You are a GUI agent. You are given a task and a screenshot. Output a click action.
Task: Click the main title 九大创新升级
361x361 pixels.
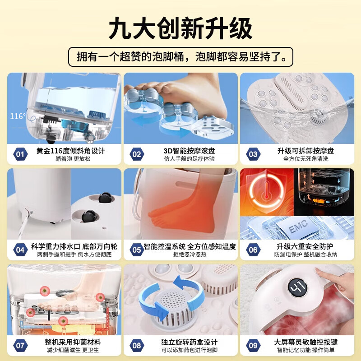180,28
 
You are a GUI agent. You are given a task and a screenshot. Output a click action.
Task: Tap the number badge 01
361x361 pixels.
20,154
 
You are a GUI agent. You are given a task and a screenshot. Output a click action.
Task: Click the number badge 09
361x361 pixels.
253,346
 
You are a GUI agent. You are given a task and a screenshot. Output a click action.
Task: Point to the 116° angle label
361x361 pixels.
18,116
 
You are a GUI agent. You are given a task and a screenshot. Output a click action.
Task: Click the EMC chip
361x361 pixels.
298,228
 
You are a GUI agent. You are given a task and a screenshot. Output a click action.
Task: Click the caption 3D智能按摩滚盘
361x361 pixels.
189,151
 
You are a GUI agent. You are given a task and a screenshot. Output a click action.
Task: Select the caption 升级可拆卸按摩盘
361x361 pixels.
305,151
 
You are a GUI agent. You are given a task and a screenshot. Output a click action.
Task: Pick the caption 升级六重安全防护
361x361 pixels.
305,246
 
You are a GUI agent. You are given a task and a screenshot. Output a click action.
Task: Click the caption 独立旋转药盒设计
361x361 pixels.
189,342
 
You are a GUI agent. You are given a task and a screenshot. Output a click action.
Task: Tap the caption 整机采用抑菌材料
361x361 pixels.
69,342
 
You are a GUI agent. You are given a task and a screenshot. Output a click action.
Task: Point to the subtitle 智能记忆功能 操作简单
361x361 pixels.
305,350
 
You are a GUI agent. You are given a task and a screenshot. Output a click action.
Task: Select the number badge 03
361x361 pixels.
253,154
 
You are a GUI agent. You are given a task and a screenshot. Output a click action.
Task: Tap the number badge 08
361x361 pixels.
136,346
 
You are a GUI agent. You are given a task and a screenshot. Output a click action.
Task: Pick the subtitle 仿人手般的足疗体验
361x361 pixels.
189,159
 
